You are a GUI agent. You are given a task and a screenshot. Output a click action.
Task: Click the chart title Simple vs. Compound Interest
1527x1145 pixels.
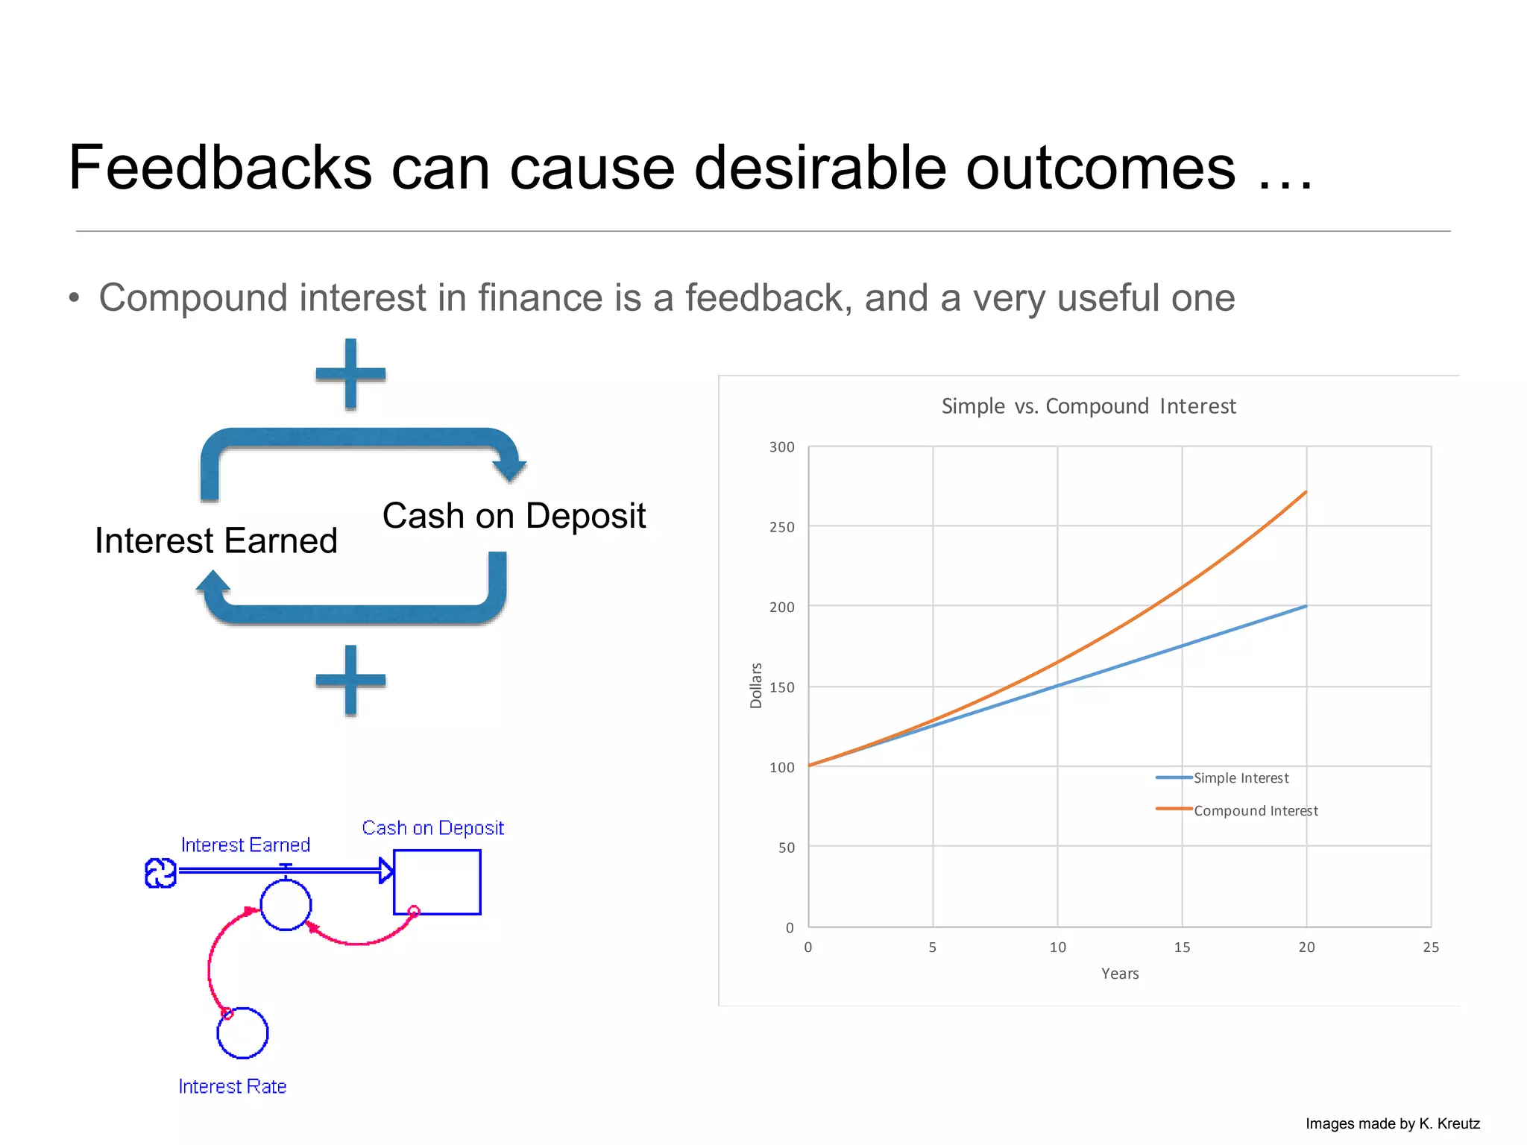coord(1088,406)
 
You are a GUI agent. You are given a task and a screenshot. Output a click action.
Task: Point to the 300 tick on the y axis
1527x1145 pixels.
coord(781,447)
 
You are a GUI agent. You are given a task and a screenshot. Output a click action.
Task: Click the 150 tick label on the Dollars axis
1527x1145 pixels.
coord(781,687)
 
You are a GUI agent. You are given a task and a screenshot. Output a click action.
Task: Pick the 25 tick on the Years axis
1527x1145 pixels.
coord(1430,947)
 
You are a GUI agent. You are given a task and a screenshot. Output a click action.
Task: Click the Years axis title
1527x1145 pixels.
coord(1119,974)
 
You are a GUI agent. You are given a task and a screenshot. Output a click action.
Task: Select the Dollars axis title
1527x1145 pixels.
coord(756,686)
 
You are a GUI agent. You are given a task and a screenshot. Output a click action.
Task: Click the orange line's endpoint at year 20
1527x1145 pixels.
coord(1306,492)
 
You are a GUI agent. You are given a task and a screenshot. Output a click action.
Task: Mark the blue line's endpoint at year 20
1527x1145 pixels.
coord(1306,606)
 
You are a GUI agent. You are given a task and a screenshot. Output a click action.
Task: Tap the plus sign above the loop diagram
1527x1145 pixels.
coord(350,373)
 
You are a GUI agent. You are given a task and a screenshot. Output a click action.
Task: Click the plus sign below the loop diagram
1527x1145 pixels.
coord(350,680)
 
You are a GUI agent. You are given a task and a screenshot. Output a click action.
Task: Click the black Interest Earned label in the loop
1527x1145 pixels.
coord(216,540)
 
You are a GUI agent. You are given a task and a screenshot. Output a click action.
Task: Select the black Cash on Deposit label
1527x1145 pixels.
coord(514,516)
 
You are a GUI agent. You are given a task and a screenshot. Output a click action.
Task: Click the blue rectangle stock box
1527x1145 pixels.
coord(437,882)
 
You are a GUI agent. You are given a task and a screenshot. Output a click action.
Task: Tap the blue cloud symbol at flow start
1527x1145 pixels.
coord(160,873)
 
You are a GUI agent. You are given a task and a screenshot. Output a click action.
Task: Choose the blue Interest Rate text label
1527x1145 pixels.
coord(232,1087)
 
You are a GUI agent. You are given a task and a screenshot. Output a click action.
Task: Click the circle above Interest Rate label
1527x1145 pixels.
coord(242,1033)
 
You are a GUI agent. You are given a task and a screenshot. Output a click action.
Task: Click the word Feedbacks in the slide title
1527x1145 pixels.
coord(220,168)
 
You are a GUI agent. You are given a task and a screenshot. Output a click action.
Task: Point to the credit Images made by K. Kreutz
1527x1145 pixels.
coord(1392,1124)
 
